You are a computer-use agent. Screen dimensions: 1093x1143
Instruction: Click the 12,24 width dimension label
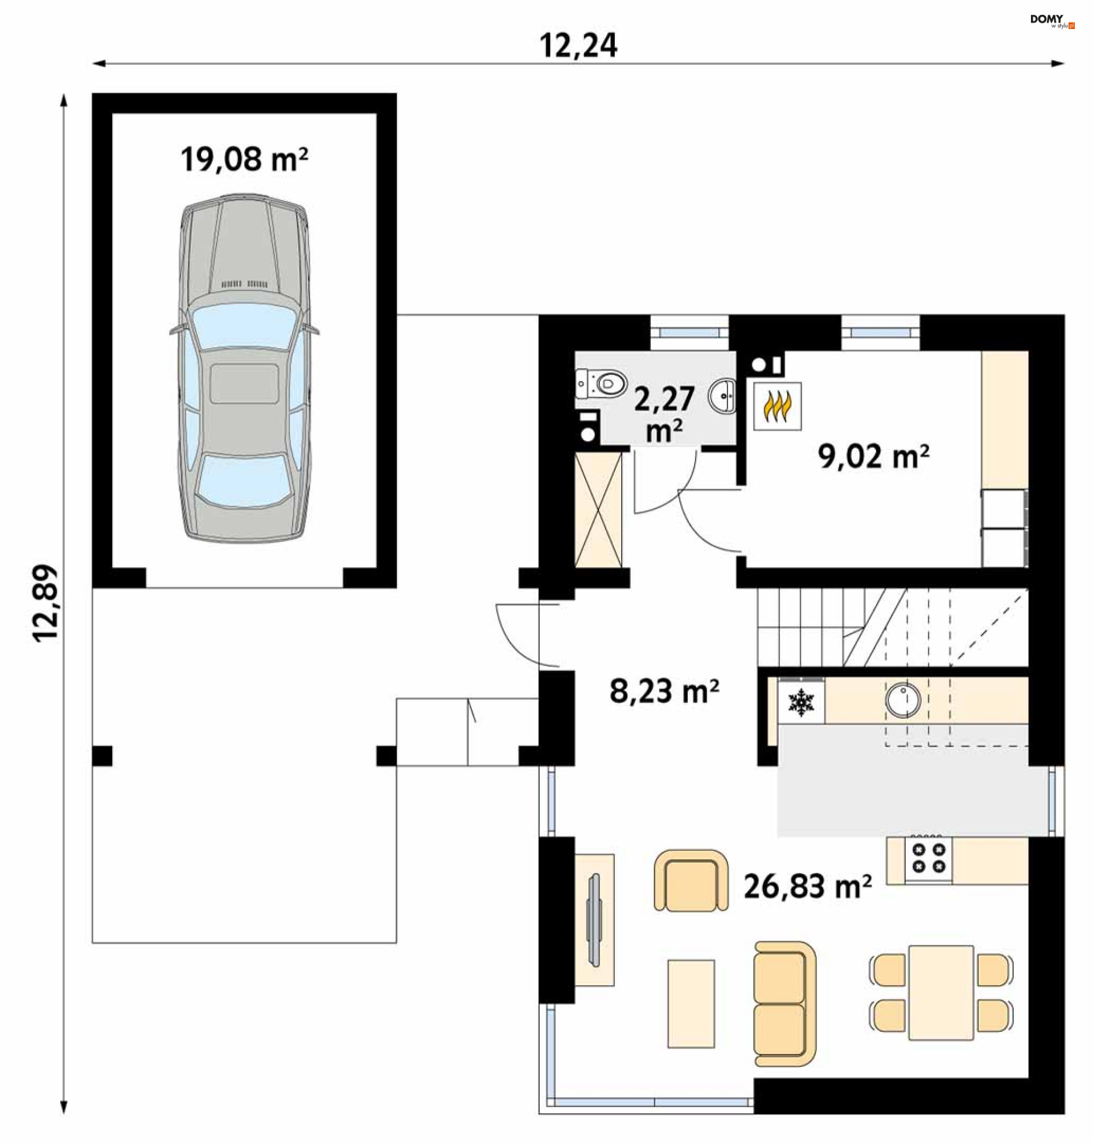click(578, 46)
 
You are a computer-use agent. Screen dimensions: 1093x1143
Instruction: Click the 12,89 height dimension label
click(46, 603)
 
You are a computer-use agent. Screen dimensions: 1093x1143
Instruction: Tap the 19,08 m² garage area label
click(244, 159)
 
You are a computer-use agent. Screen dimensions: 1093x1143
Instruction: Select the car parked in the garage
click(244, 368)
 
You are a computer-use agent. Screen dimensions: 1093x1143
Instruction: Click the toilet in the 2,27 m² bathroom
click(601, 383)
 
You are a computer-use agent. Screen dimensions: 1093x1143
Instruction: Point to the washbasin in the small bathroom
click(723, 396)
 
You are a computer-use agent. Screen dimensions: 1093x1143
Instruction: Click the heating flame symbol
click(777, 406)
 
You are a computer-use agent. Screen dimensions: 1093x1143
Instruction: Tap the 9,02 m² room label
click(873, 456)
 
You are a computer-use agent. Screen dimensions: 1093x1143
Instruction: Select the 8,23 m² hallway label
click(664, 691)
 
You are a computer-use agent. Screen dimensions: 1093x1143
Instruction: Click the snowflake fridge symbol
click(801, 703)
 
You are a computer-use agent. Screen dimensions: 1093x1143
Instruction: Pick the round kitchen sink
click(903, 699)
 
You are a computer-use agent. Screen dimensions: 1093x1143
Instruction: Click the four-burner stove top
click(928, 859)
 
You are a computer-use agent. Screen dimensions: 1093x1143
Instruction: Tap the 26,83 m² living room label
click(808, 887)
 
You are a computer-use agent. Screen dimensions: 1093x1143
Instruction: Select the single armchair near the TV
click(691, 880)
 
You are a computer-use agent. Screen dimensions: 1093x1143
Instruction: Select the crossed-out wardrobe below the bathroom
click(598, 511)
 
